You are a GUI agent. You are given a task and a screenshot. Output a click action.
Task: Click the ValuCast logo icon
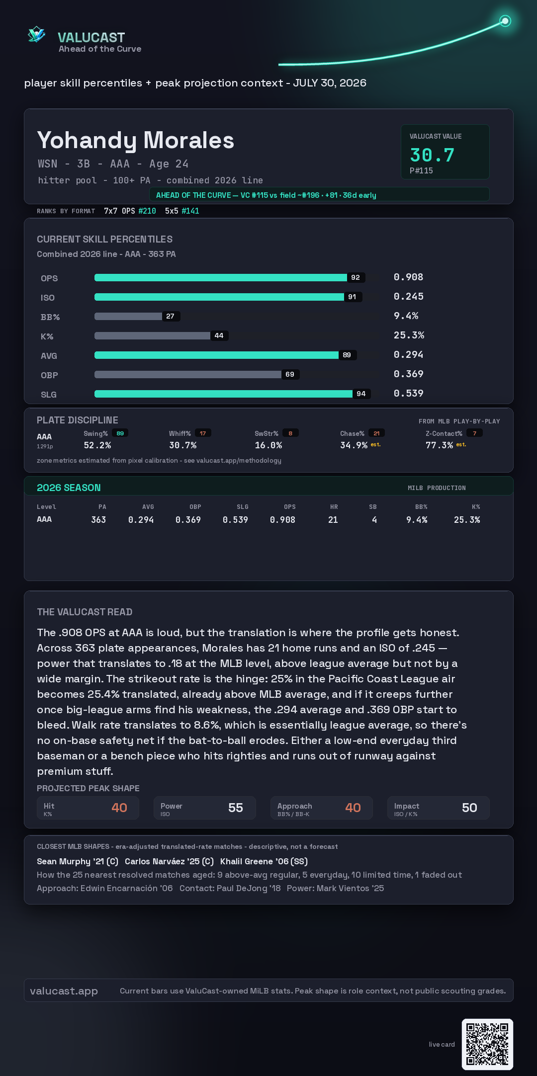pos(37,34)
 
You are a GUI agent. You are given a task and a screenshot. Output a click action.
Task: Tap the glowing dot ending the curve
pos(505,21)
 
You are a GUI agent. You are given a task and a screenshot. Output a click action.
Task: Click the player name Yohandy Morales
pos(136,141)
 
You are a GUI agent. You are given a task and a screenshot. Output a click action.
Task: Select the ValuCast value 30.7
pos(432,155)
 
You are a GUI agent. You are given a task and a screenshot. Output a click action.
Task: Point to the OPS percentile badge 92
pos(356,277)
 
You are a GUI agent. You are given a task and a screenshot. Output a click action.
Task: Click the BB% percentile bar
pos(128,316)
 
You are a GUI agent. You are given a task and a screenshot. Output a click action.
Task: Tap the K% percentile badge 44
pos(219,335)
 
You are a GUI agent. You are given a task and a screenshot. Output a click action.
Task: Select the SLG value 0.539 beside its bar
pos(409,393)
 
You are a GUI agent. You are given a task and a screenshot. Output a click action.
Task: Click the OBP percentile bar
pos(188,374)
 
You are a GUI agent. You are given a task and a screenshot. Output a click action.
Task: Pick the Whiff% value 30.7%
pos(183,445)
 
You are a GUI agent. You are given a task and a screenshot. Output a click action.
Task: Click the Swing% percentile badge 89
pos(120,433)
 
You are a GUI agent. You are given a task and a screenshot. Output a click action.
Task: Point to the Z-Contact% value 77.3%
pos(439,445)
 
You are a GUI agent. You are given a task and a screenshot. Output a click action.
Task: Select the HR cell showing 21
pos(333,520)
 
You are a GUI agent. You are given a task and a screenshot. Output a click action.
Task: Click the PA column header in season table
pos(102,507)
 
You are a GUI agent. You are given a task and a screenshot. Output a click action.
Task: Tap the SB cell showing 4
pos(374,520)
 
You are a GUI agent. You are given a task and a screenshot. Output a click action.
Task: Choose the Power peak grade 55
pos(236,808)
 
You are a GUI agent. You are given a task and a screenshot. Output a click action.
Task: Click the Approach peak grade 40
pos(353,808)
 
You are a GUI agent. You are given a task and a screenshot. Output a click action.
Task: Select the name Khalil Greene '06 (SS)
pos(264,861)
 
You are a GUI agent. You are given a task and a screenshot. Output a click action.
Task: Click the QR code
pos(487,1044)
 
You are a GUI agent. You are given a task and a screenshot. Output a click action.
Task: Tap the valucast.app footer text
pos(64,991)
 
